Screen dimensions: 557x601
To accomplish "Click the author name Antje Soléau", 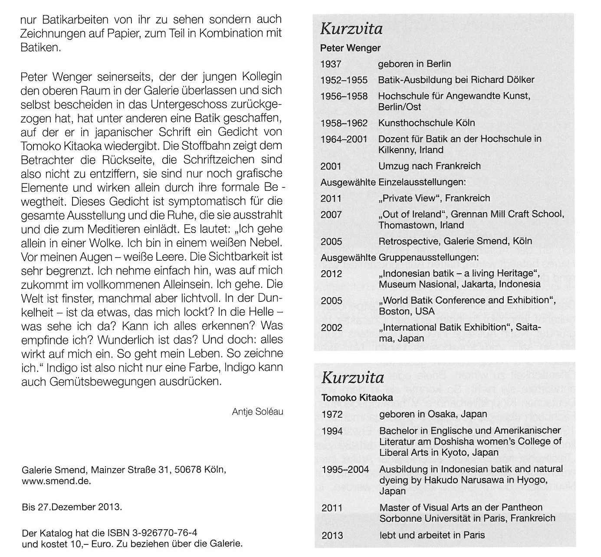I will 257,411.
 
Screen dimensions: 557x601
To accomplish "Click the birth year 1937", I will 331,64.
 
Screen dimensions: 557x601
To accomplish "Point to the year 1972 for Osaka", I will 332,414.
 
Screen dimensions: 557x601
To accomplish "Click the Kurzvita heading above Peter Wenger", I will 351,29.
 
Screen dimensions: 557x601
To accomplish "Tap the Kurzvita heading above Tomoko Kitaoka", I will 352,377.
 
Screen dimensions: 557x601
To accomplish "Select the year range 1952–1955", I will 344,80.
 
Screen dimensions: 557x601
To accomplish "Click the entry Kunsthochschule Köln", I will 426,123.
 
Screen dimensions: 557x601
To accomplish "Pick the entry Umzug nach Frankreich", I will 429,166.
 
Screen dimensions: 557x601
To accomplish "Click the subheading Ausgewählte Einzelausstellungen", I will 393,182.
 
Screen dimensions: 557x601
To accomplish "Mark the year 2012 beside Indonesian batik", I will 332,274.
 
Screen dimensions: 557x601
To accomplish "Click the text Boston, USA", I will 406,311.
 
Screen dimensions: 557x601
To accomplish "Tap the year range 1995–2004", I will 345,469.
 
